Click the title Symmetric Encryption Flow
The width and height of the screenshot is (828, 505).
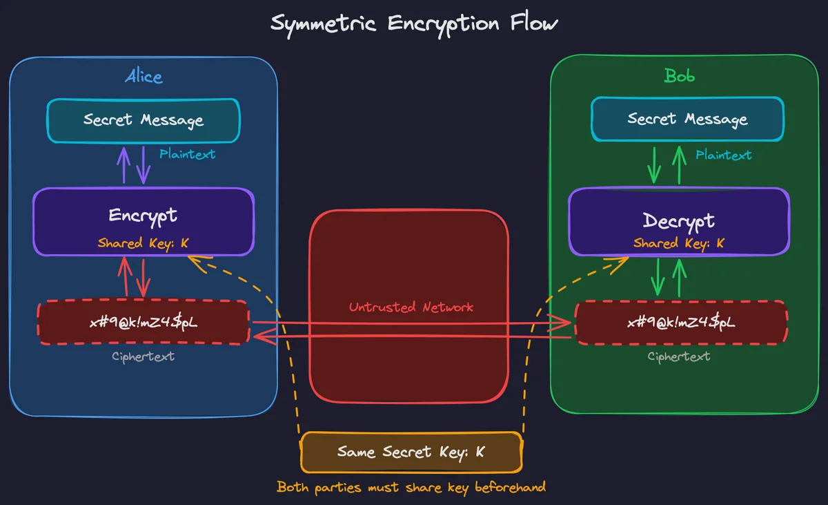click(414, 23)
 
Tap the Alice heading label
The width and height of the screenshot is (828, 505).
click(144, 76)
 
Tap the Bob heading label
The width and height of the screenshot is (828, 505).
click(679, 76)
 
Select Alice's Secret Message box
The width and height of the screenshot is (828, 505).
click(144, 120)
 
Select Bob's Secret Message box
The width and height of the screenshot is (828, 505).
click(687, 120)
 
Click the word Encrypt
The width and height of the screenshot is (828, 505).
click(143, 215)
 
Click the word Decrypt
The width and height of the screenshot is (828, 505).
click(679, 220)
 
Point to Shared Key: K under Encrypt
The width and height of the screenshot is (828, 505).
click(144, 243)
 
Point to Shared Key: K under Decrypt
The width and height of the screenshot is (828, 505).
click(679, 243)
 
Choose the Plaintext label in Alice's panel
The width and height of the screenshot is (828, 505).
click(187, 154)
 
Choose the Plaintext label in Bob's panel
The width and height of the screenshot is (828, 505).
click(723, 155)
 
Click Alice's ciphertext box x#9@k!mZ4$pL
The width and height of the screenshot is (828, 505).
click(144, 323)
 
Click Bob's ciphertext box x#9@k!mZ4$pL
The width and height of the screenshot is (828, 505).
click(680, 323)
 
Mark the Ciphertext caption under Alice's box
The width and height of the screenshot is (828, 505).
click(144, 356)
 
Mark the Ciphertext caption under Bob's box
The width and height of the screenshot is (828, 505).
click(679, 356)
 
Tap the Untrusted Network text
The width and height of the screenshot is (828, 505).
click(411, 307)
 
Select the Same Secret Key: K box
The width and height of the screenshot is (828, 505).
click(411, 452)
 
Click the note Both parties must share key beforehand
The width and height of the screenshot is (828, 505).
click(411, 487)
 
